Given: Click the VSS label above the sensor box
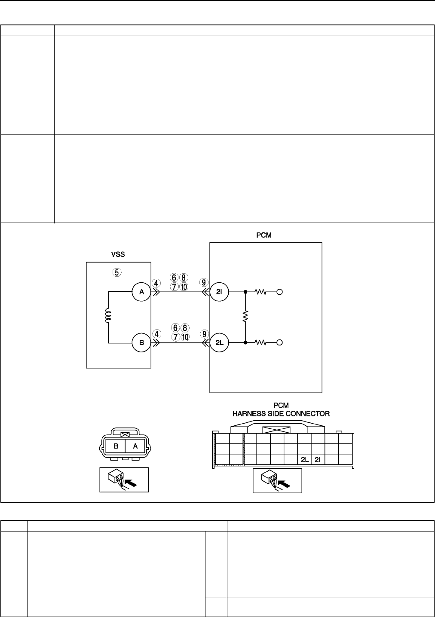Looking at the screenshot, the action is pyautogui.click(x=118, y=254).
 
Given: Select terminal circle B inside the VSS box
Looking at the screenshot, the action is pyautogui.click(x=141, y=343).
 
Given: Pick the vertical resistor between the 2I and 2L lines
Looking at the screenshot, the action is pyautogui.click(x=245, y=317).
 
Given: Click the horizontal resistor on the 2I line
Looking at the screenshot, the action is pyautogui.click(x=261, y=292).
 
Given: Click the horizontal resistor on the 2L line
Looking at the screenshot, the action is pyautogui.click(x=261, y=343).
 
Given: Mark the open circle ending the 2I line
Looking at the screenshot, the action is pyautogui.click(x=279, y=292).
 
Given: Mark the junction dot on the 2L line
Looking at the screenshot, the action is pyautogui.click(x=245, y=343).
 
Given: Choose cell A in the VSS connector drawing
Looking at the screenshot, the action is pyautogui.click(x=135, y=446).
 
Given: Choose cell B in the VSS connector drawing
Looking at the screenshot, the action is pyautogui.click(x=116, y=446).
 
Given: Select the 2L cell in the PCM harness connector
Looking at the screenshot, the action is pyautogui.click(x=304, y=459).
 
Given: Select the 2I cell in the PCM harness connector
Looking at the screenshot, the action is pyautogui.click(x=318, y=459).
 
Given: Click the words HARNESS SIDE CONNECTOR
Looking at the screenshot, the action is pyautogui.click(x=281, y=414).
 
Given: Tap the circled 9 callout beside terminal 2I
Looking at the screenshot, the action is pyautogui.click(x=205, y=282).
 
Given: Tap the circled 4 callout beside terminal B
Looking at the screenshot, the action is pyautogui.click(x=157, y=333).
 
